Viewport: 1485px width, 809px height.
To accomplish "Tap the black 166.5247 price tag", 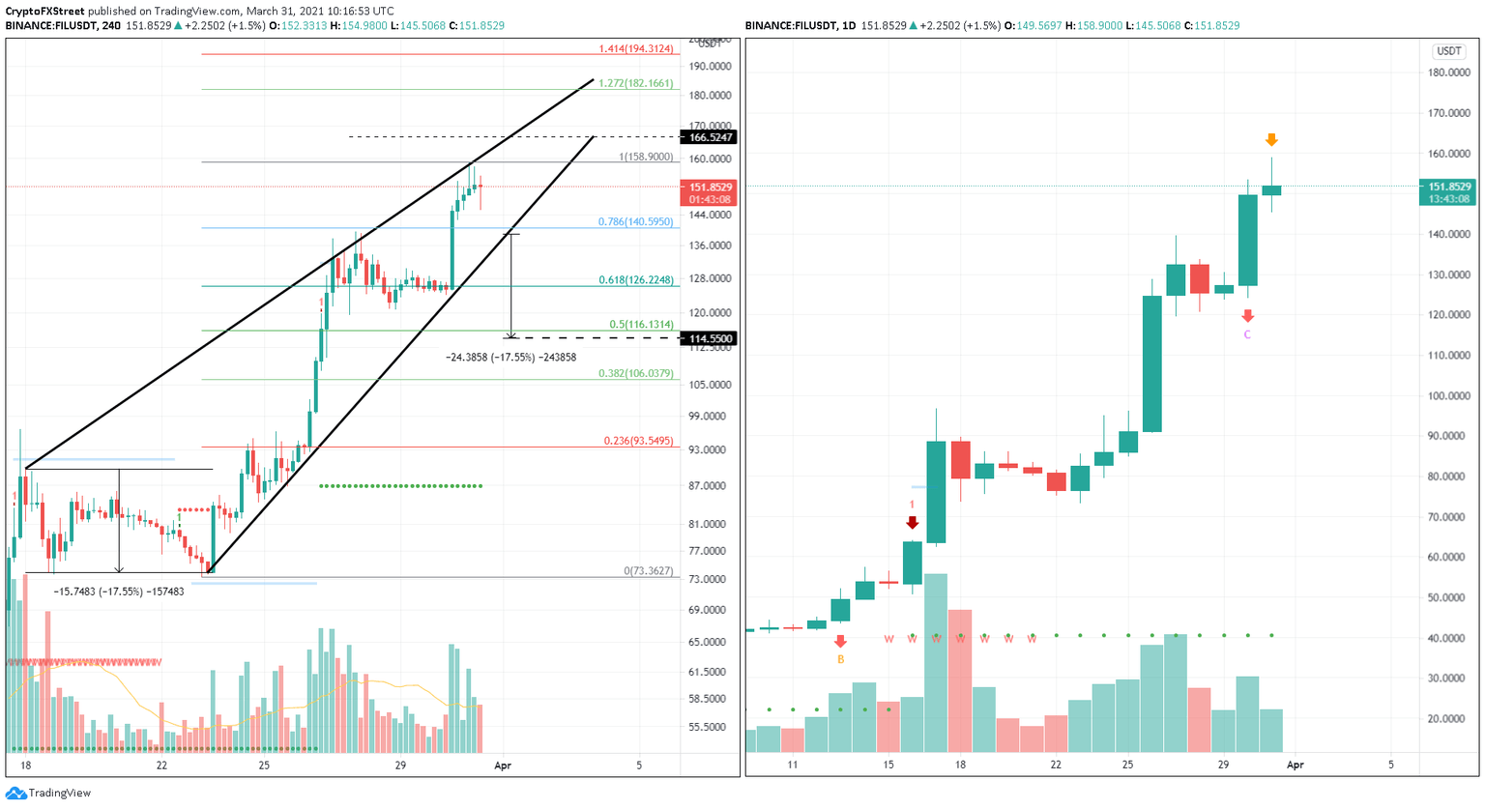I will click(711, 137).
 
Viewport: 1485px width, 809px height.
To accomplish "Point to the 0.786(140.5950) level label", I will click(635, 222).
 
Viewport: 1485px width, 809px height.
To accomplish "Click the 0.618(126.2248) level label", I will click(635, 280).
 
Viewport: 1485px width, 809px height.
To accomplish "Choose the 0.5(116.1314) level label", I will click(641, 325).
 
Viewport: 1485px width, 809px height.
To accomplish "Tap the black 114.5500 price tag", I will click(711, 338).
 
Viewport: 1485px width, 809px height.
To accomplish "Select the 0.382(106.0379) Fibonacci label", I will click(635, 373).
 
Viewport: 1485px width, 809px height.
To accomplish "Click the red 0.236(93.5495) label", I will click(638, 441).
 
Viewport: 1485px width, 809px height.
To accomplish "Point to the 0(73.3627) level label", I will click(648, 571).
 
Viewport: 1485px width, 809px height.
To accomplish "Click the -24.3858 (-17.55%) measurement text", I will click(510, 358).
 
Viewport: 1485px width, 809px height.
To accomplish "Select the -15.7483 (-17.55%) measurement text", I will click(118, 592).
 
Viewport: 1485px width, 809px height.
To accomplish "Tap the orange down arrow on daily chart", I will click(1271, 140).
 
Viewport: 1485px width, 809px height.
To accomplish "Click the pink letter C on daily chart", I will click(1247, 334).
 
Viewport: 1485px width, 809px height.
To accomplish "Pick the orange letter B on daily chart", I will click(840, 659).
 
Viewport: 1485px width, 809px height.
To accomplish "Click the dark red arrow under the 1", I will click(912, 523).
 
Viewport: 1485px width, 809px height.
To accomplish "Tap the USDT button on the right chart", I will click(1448, 51).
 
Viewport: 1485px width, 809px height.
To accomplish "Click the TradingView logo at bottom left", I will click(48, 793).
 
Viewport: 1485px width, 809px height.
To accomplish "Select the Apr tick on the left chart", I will click(502, 765).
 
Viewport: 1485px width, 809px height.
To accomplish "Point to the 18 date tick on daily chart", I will click(960, 765).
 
